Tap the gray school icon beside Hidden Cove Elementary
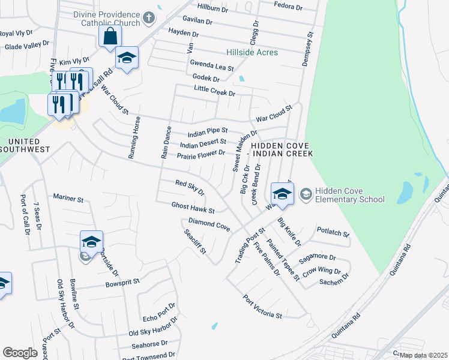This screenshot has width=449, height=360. click(305, 193)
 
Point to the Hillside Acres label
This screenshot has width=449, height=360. click(252, 53)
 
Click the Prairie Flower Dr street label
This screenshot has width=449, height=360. click(200, 155)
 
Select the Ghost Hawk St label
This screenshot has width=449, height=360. click(193, 207)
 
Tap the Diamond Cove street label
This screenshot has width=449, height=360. click(209, 224)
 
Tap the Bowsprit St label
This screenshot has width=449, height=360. click(122, 281)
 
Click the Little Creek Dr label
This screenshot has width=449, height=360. click(214, 91)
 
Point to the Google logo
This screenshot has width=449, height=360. click(20, 353)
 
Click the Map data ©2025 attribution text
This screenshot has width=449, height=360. click(423, 355)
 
